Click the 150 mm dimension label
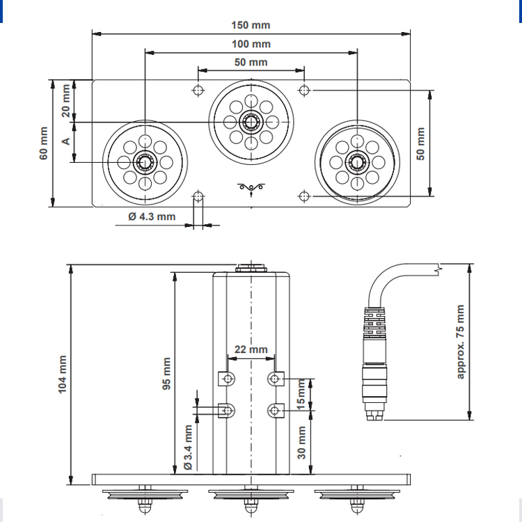pos(251,25)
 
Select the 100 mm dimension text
pos(251,44)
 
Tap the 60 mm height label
pos(44,143)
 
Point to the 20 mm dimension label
pos(66,100)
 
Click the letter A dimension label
pos(66,141)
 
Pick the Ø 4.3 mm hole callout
pos(152,216)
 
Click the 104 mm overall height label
pos(62,374)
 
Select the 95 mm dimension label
pos(166,373)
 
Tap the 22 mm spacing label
pos(251,349)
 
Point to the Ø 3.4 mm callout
pos(188,447)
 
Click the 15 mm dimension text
pos(301,394)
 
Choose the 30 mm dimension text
pos(301,443)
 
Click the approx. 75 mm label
pos(460,342)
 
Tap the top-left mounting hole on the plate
pos(198,90)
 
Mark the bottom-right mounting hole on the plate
pos(304,196)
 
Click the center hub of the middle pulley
pos(251,122)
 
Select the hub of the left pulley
pos(145,162)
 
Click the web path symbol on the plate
pos(251,189)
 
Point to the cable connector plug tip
pos(375,415)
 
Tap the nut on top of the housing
pos(251,268)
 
